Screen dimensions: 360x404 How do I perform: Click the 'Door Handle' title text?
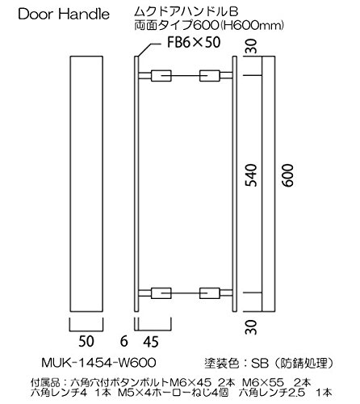(x=64, y=14)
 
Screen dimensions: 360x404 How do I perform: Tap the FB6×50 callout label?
(x=194, y=42)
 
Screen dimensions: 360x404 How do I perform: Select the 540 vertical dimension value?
(x=251, y=175)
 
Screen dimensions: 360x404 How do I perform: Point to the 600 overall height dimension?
(x=287, y=175)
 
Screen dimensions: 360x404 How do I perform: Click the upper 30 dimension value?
(x=251, y=46)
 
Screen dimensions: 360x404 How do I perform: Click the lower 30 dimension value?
(x=251, y=327)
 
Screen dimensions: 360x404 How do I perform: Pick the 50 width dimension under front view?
(x=86, y=342)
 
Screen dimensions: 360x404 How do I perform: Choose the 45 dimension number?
(x=151, y=342)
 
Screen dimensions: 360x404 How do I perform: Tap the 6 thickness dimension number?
(x=123, y=342)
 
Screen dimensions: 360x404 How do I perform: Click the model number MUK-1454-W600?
(x=98, y=363)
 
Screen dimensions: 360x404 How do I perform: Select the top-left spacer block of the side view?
(x=161, y=76)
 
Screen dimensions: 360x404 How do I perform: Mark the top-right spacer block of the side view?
(x=210, y=76)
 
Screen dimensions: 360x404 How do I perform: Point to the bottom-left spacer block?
(x=161, y=293)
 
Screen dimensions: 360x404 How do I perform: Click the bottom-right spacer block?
(x=210, y=293)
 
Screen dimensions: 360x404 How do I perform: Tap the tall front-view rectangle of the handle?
(x=86, y=184)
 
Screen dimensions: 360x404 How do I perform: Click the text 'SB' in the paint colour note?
(x=260, y=364)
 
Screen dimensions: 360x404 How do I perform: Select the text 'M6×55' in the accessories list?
(x=263, y=382)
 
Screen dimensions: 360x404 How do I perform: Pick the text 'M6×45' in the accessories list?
(x=190, y=382)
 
